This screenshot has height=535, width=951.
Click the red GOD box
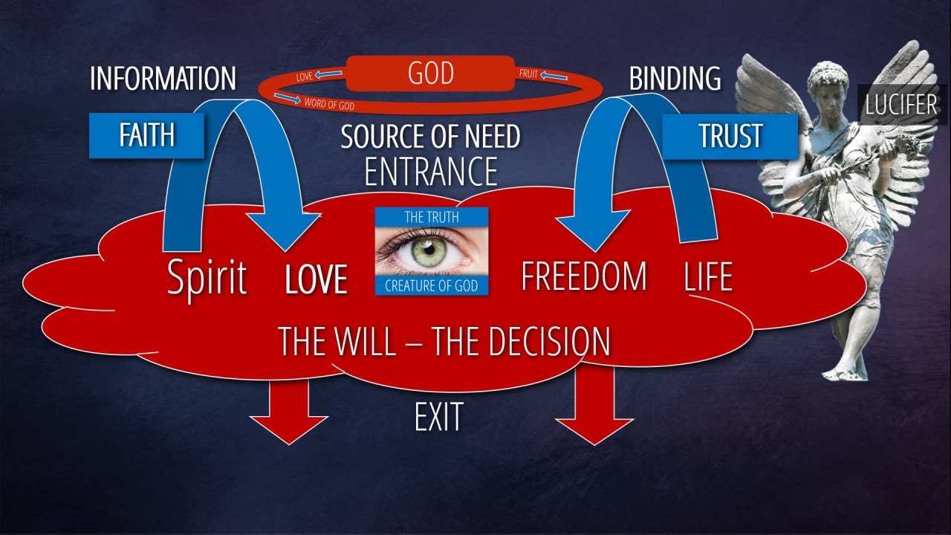(430, 74)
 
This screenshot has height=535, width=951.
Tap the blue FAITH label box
(146, 135)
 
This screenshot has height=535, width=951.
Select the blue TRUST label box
(730, 136)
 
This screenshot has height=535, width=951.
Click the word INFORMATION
(163, 79)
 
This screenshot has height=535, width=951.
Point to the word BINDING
(675, 79)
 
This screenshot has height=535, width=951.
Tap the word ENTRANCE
(431, 172)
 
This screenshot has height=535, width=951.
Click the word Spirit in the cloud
(207, 278)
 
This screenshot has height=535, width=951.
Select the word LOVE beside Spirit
(317, 279)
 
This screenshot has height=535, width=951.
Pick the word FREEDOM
(584, 276)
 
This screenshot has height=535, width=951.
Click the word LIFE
(708, 276)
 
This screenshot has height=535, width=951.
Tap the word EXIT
(438, 418)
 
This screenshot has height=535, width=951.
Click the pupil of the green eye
(429, 248)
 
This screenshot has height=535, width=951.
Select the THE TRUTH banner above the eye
(431, 217)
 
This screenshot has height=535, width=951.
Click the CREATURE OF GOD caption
(431, 285)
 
